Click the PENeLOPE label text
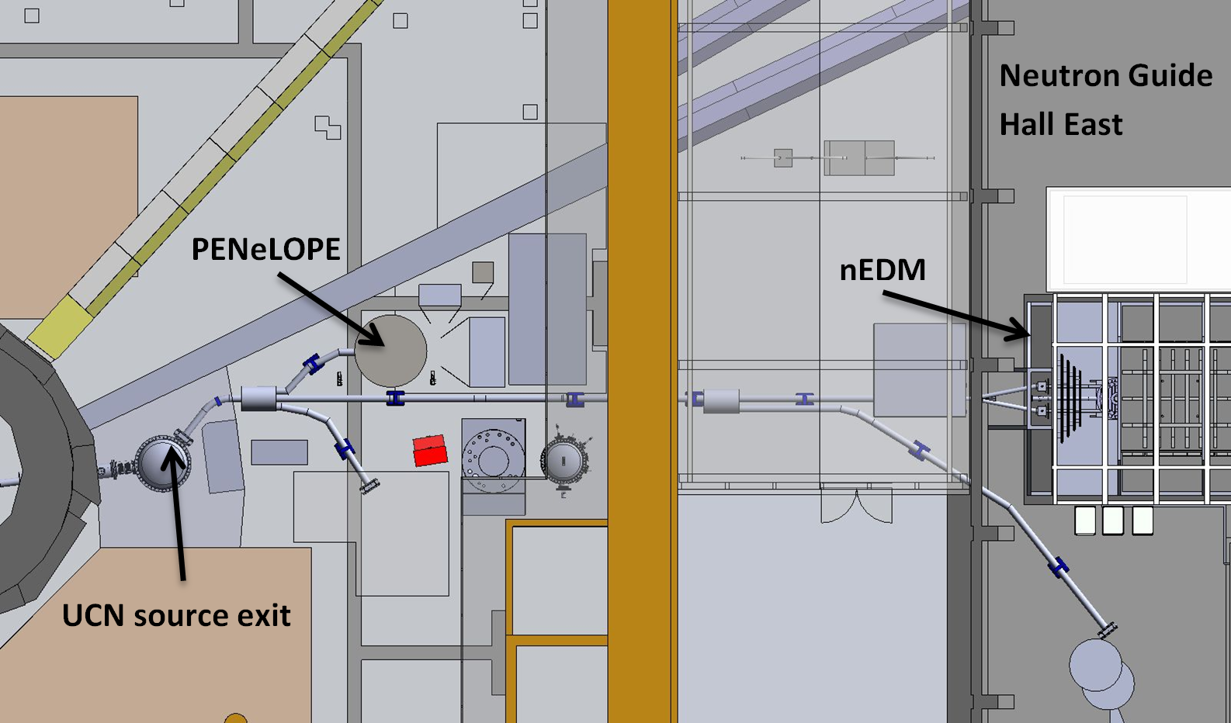point(266,250)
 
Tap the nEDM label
point(883,270)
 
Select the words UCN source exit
point(176,614)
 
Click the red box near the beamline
point(430,451)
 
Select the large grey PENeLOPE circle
point(390,351)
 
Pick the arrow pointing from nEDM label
point(957,314)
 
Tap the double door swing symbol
point(856,507)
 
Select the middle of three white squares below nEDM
point(1113,521)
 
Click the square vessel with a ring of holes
point(494,457)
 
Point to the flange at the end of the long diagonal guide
point(1108,631)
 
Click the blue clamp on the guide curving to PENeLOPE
point(312,364)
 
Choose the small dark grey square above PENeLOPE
point(483,272)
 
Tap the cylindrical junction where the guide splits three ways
point(258,398)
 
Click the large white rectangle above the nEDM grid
point(1139,240)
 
